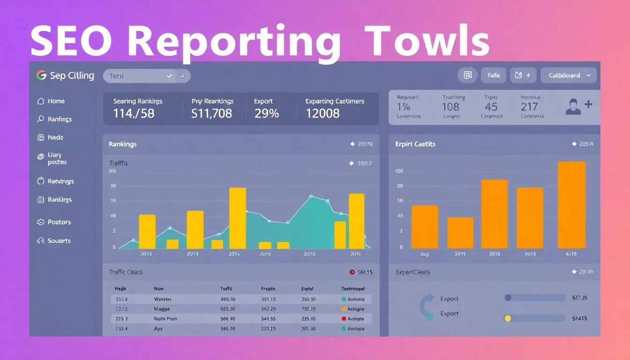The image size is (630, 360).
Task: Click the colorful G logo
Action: [x=41, y=75]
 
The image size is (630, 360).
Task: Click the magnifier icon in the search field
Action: [x=182, y=76]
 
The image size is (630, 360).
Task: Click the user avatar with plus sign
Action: [x=578, y=106]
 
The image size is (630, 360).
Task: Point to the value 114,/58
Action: [x=134, y=113]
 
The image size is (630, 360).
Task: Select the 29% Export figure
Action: [x=266, y=113]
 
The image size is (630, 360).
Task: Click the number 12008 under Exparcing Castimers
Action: [x=322, y=113]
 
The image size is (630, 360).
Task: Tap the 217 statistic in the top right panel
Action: [x=529, y=107]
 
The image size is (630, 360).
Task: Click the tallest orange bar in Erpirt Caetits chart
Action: [x=572, y=205]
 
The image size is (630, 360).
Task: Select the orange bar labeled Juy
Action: [x=425, y=227]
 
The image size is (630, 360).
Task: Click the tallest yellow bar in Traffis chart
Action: [x=238, y=218]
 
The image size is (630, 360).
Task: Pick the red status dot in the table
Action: [x=344, y=319]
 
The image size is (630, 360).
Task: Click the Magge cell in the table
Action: [x=162, y=309]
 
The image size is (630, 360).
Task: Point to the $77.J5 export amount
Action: [x=580, y=298]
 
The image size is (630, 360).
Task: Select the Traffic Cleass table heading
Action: [x=126, y=272]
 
